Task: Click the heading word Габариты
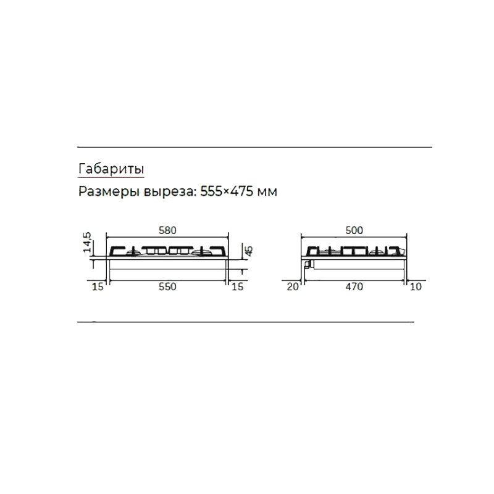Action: pyautogui.click(x=111, y=169)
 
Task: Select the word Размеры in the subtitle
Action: pyautogui.click(x=109, y=191)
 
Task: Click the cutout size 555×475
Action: pyautogui.click(x=227, y=191)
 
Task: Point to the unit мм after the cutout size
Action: pyautogui.click(x=267, y=192)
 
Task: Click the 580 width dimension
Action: pyautogui.click(x=167, y=230)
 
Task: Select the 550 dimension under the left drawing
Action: pyautogui.click(x=167, y=287)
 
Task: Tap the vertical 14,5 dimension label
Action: pyautogui.click(x=87, y=242)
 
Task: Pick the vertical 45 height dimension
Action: pyautogui.click(x=249, y=251)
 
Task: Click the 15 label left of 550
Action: pyautogui.click(x=98, y=287)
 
